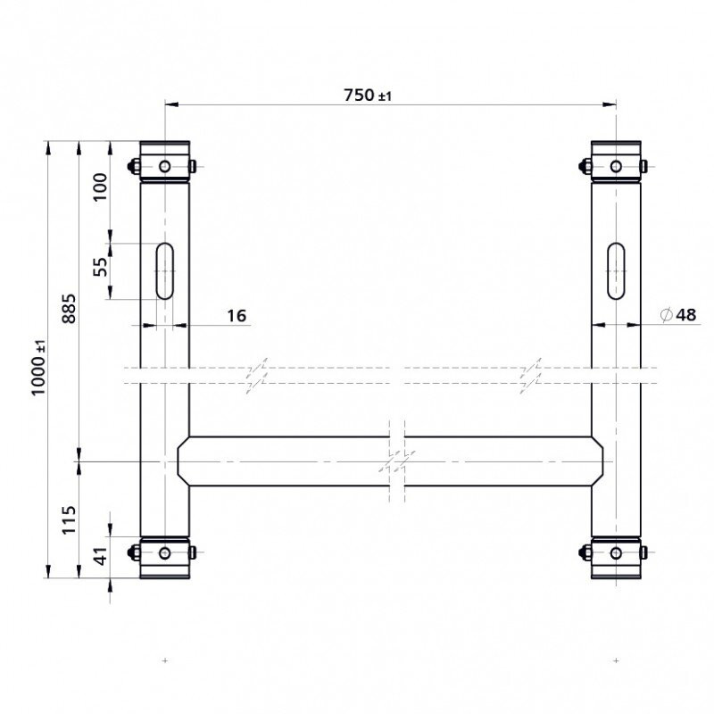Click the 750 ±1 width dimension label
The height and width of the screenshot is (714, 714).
click(x=368, y=95)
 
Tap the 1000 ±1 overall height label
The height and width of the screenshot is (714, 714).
click(x=38, y=368)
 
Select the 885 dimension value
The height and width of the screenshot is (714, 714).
click(x=69, y=309)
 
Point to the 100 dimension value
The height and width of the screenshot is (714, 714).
click(x=100, y=187)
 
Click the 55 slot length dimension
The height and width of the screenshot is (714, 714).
click(x=100, y=267)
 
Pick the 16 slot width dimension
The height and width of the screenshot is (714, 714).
click(x=237, y=316)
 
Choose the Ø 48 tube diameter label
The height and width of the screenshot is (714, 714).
click(x=678, y=315)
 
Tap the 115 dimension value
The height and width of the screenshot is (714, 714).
click(x=69, y=520)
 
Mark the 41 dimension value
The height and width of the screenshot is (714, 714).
click(x=100, y=555)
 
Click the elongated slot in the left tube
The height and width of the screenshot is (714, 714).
click(x=165, y=271)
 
